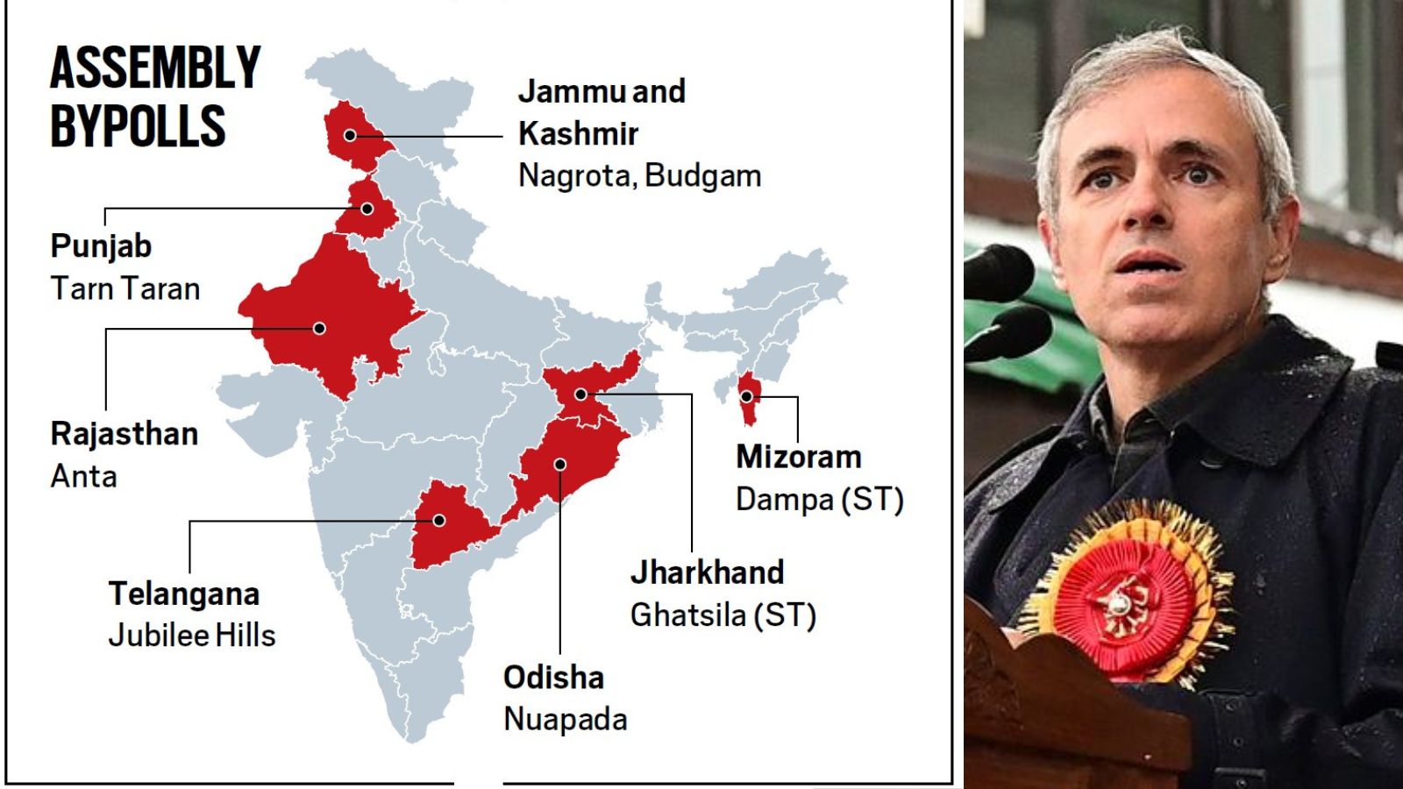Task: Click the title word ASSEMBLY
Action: [x=155, y=68]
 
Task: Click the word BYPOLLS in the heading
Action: [x=138, y=126]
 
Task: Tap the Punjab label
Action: [x=101, y=246]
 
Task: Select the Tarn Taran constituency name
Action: [x=125, y=288]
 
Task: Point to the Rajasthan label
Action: [x=125, y=434]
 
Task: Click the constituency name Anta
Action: [x=83, y=476]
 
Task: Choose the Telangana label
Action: [x=184, y=594]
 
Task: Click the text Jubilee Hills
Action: [x=192, y=635]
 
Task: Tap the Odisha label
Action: [x=553, y=677]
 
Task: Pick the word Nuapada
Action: [x=566, y=719]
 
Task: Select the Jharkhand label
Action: [x=707, y=572]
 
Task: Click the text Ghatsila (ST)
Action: [x=723, y=615]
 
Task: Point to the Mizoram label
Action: [x=799, y=457]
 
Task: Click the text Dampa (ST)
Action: [x=819, y=499]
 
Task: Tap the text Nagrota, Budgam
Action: [x=639, y=175]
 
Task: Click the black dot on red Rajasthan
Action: [x=320, y=328]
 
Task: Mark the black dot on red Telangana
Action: [x=439, y=521]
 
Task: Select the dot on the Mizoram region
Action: [x=746, y=396]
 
